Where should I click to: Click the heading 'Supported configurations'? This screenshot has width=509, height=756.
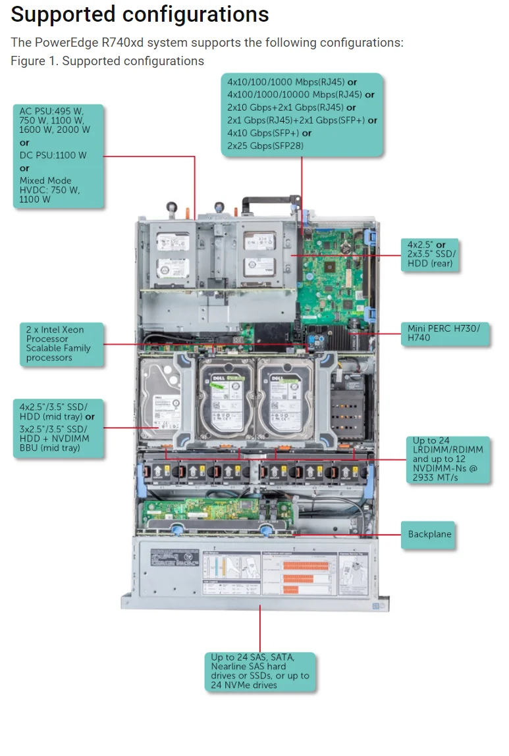click(x=140, y=14)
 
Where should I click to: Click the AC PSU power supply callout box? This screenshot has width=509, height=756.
click(x=58, y=156)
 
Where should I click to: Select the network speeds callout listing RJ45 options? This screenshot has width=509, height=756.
click(x=302, y=114)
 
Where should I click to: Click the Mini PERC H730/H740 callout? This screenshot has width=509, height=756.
click(x=444, y=334)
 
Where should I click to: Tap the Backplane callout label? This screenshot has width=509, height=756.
click(x=429, y=534)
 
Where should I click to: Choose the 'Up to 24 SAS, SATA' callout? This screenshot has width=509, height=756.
click(x=260, y=671)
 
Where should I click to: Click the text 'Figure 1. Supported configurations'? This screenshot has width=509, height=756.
click(x=107, y=61)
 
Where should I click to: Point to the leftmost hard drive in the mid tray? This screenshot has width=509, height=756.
click(x=160, y=401)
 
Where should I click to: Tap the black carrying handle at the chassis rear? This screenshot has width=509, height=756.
click(x=270, y=201)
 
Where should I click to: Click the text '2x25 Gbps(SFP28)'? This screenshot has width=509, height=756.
click(x=265, y=145)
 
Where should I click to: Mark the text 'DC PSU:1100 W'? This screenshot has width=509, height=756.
click(x=53, y=155)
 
